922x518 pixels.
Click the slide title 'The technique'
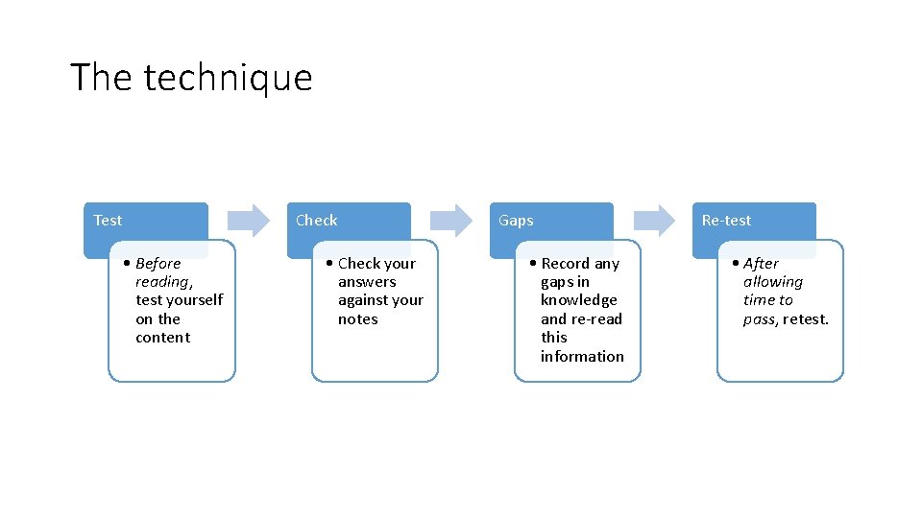(x=191, y=78)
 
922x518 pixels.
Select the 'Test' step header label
(x=108, y=221)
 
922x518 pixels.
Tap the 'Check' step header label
(x=316, y=221)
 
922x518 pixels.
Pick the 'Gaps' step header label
(x=516, y=221)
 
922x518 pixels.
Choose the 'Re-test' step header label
(x=726, y=221)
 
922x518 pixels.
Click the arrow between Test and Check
(x=249, y=220)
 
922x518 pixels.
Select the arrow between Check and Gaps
(x=451, y=220)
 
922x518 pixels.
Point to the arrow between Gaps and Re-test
(x=654, y=220)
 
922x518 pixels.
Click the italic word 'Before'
(x=158, y=264)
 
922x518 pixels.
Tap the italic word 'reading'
(x=162, y=282)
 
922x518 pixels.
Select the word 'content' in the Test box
(x=163, y=338)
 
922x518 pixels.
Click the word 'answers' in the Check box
(x=367, y=282)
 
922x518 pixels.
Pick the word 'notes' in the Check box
(x=358, y=319)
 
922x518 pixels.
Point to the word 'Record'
(x=566, y=264)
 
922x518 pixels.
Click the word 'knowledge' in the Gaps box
(x=578, y=300)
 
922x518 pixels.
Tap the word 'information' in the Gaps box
(x=582, y=357)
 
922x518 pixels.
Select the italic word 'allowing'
(x=773, y=282)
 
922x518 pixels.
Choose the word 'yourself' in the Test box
(x=195, y=300)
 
